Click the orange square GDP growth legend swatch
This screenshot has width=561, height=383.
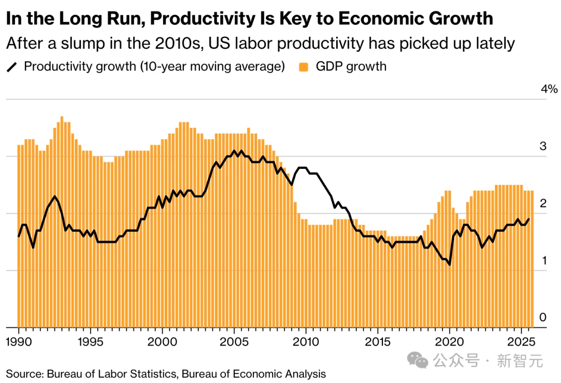pyautogui.click(x=304, y=67)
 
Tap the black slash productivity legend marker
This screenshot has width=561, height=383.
pyautogui.click(x=11, y=67)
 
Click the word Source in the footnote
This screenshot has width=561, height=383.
pyautogui.click(x=23, y=374)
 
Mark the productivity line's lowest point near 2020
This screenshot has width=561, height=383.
pyautogui.click(x=449, y=265)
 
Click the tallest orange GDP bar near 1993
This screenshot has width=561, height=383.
pyautogui.click(x=62, y=223)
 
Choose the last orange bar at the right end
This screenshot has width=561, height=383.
pyautogui.click(x=532, y=260)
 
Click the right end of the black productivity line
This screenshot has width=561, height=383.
pyautogui.click(x=529, y=219)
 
